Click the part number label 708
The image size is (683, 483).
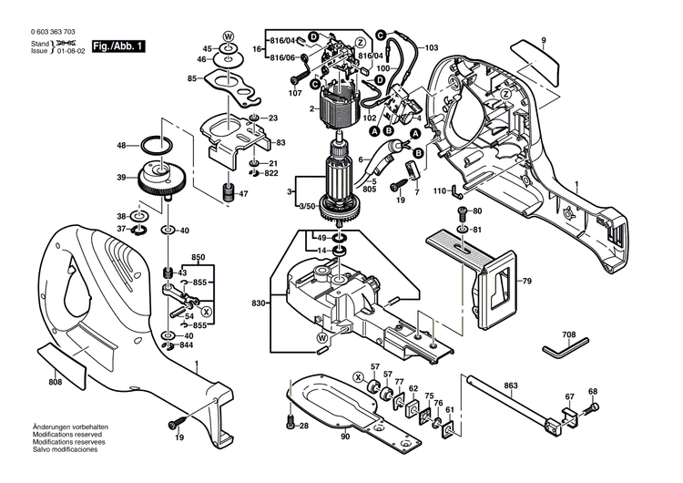[568, 335]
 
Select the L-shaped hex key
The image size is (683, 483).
[564, 351]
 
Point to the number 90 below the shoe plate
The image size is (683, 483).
[345, 437]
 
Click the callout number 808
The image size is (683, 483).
[55, 382]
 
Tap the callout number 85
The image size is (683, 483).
[192, 78]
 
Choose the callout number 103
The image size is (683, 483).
[431, 46]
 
